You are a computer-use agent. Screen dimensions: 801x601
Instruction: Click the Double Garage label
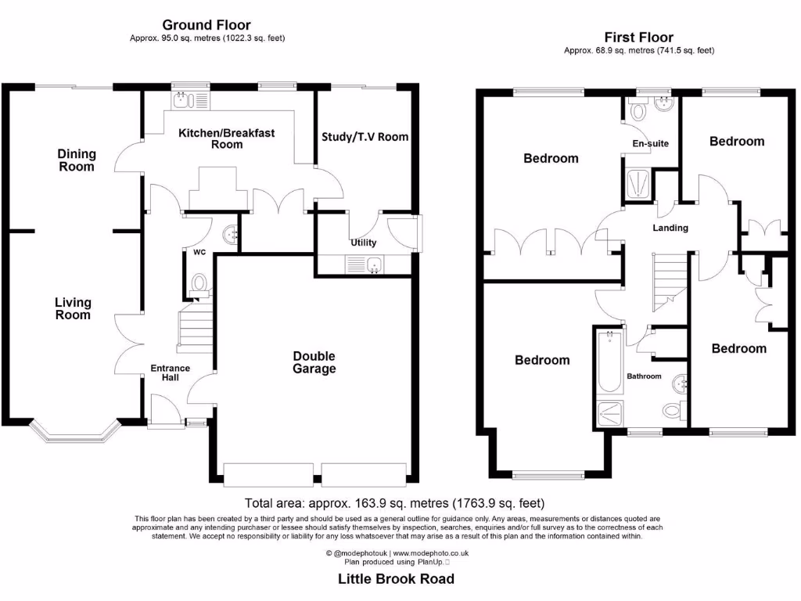coord(314,362)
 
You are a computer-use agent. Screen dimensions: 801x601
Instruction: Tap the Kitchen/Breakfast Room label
coord(227,139)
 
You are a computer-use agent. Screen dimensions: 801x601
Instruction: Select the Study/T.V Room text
coord(365,136)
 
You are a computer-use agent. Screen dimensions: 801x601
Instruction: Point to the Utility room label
coord(363,243)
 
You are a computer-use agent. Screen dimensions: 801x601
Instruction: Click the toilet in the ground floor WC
coord(199,284)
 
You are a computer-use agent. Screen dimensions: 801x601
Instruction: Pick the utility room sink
coord(365,265)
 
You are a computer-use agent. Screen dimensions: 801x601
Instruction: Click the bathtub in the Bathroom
coord(609,362)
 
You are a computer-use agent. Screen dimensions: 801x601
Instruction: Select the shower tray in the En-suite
coord(638,185)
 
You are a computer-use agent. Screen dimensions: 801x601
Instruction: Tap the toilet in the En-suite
coord(638,110)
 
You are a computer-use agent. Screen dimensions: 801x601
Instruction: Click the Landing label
coord(670,228)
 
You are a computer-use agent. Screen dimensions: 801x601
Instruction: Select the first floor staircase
coord(670,283)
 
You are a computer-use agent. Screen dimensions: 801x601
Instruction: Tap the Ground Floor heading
coord(207,24)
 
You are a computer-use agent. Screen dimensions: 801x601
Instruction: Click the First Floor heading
coord(638,38)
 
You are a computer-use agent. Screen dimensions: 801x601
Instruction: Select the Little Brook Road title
coord(396,579)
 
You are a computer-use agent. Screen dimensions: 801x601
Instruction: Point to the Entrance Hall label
coord(170,372)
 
